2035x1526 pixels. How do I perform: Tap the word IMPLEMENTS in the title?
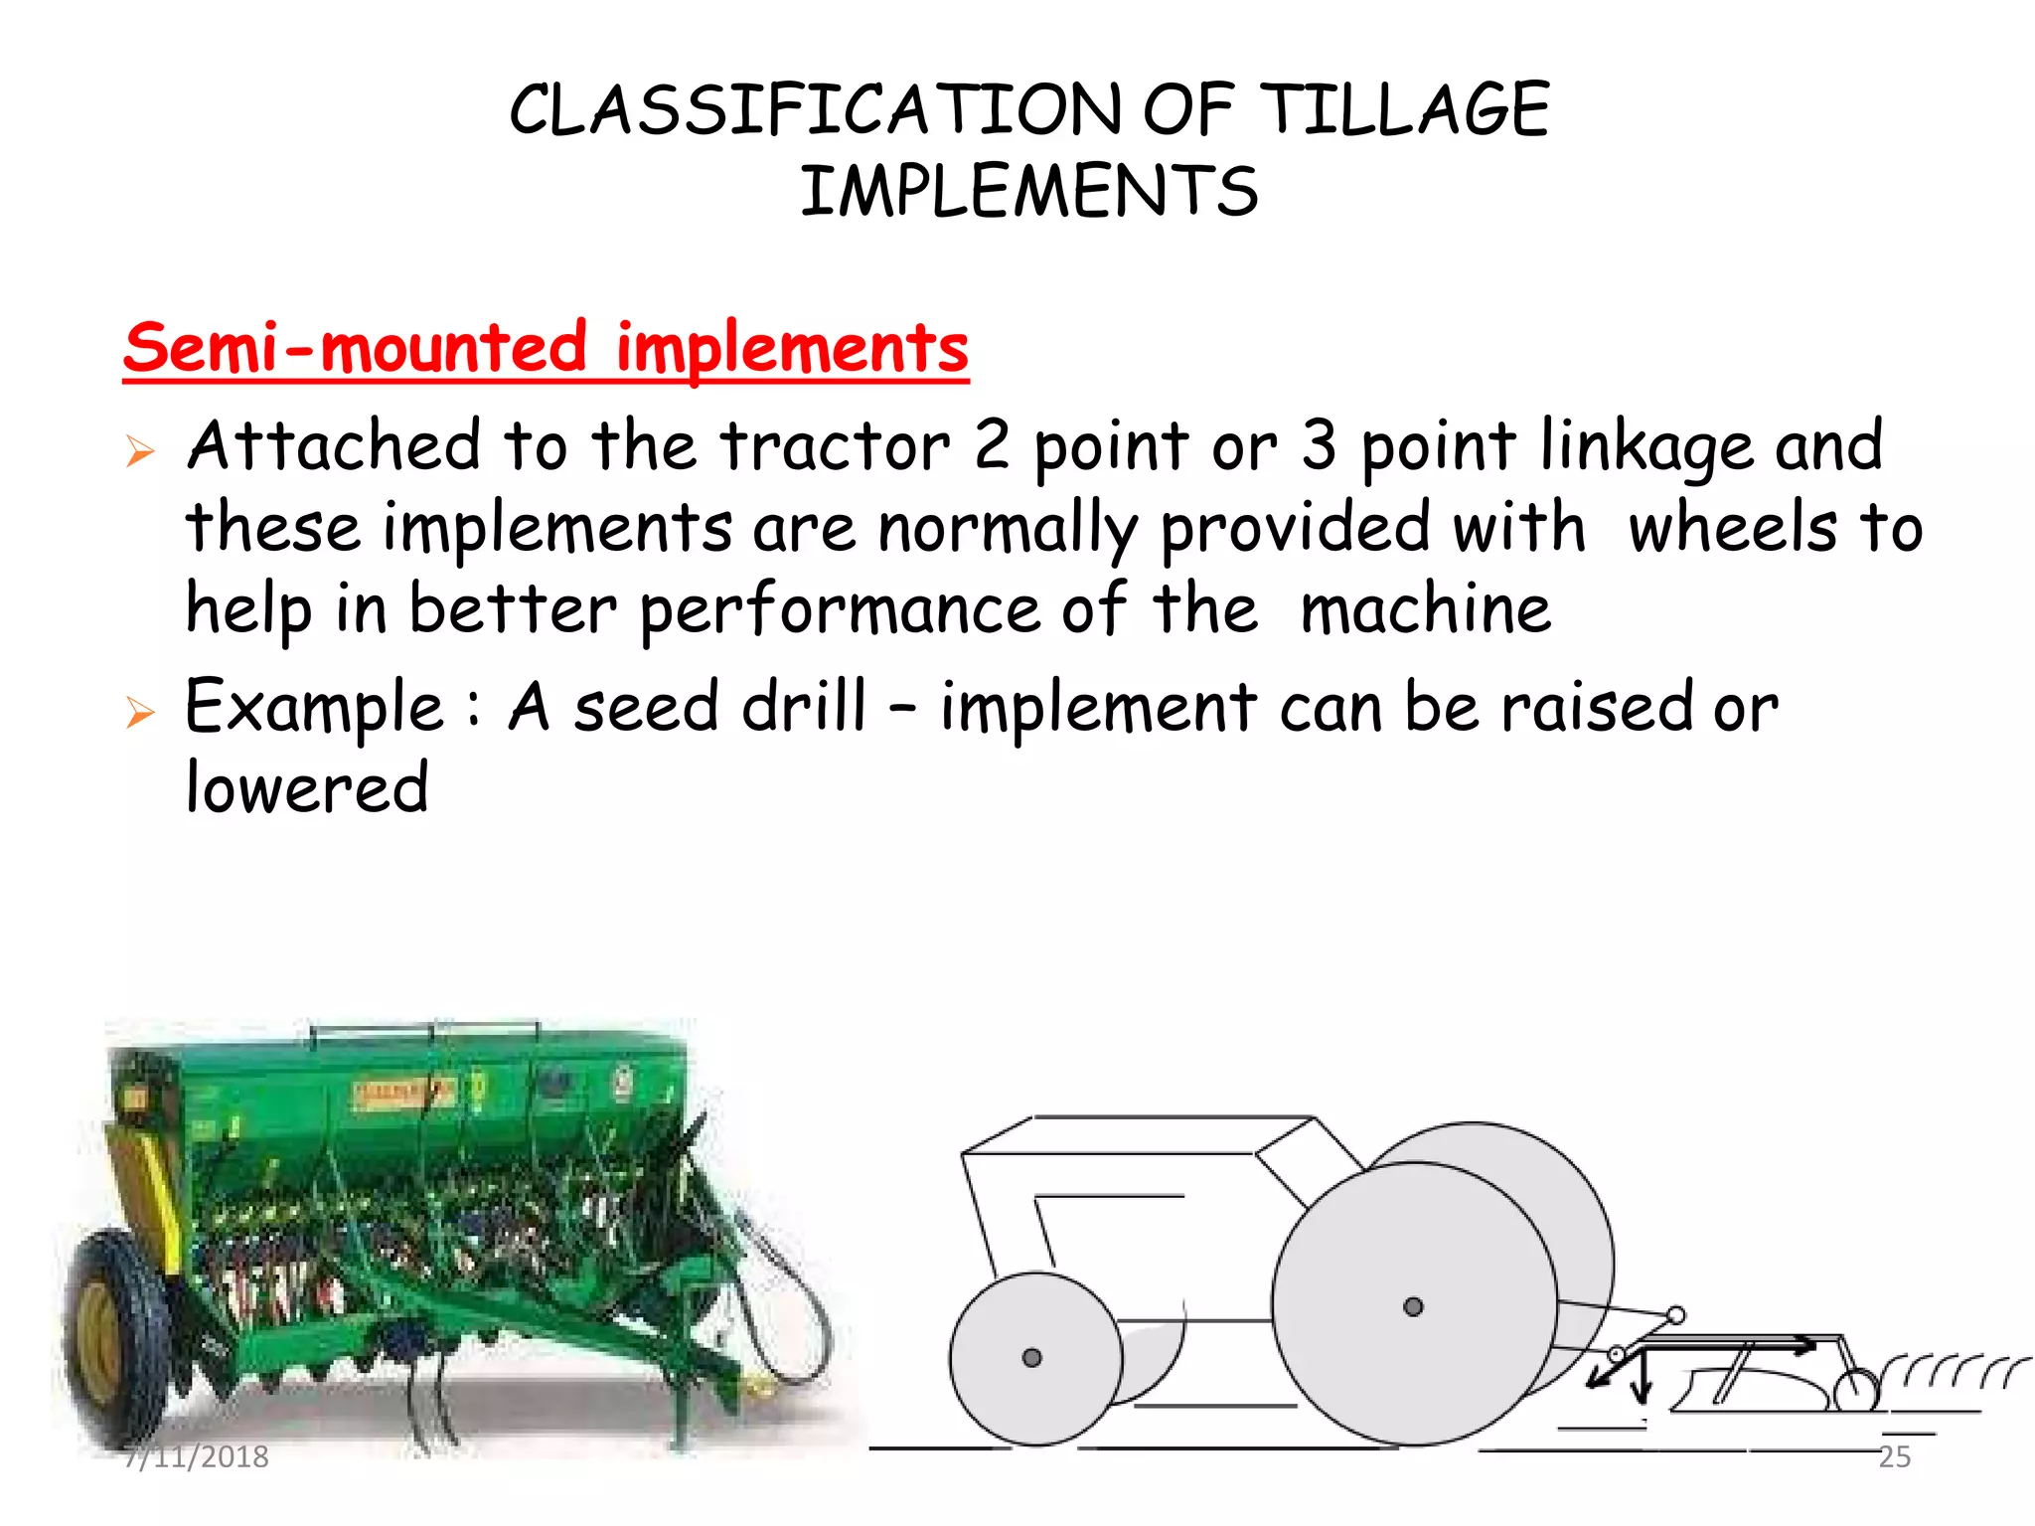point(1029,191)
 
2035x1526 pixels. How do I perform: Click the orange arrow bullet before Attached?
point(140,451)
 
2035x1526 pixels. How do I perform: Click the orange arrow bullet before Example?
point(140,712)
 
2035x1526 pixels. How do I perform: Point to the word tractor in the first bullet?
point(835,446)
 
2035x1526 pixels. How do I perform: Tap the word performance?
point(839,610)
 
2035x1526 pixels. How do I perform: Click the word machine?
point(1425,610)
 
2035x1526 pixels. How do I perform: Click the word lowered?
point(307,788)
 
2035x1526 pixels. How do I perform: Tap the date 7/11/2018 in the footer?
point(197,1456)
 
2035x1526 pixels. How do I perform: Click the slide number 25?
point(1894,1456)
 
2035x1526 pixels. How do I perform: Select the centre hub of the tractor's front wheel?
point(1031,1358)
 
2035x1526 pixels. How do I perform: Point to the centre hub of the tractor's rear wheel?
point(1413,1306)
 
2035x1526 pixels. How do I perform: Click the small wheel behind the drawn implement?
point(1854,1390)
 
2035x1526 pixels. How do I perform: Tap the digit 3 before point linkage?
point(1319,446)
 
